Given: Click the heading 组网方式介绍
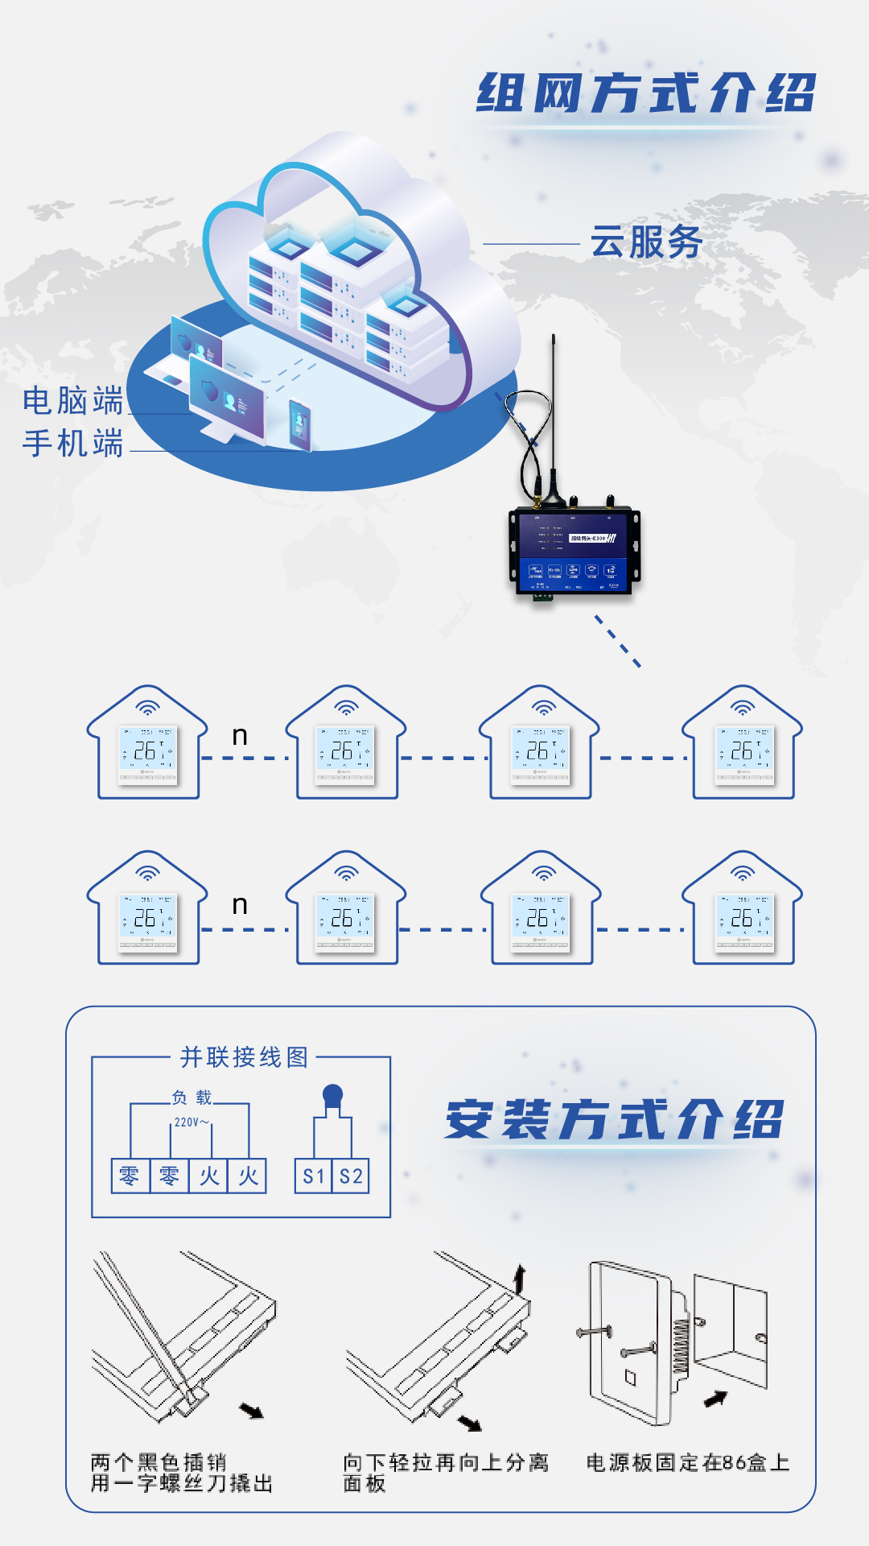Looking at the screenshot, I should (646, 93).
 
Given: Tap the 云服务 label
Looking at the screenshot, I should (646, 242).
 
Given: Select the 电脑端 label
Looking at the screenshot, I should (72, 400).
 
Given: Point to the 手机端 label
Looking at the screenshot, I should (72, 444).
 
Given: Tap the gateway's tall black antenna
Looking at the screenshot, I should (554, 411).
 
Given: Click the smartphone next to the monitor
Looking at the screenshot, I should (299, 424).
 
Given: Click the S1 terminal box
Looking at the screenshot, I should (313, 1176).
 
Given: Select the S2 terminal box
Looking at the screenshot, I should (351, 1176).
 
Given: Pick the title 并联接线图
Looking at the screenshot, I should (244, 1057).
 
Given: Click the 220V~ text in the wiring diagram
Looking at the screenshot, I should (192, 1122).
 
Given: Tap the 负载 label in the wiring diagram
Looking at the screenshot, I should (192, 1097).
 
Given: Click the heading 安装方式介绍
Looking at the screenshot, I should (614, 1120).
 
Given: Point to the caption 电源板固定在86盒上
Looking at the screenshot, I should (687, 1462).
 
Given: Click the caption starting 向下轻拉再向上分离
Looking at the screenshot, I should (445, 1472).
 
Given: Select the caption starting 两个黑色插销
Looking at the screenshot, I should (181, 1472).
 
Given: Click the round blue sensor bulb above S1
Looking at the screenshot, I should (332, 1094).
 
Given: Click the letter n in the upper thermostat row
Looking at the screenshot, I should (240, 736).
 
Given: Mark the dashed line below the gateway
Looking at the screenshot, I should (617, 641).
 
